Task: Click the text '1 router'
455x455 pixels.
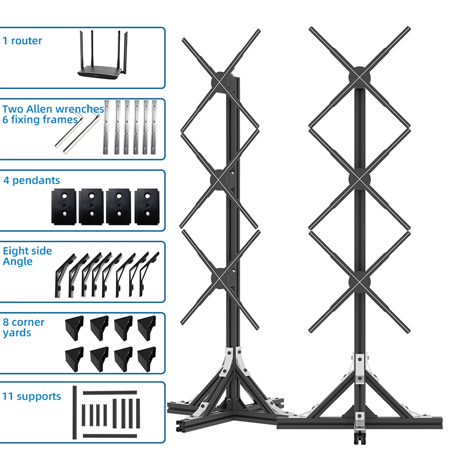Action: coord(22,41)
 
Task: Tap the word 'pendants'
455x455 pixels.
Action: coord(36,180)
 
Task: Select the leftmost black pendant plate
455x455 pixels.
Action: coord(64,206)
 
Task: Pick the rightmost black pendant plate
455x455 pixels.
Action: coord(147,206)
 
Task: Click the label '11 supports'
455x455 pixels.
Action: coord(32,396)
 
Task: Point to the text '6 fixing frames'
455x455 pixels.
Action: coord(40,120)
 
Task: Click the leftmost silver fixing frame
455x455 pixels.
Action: coord(106,127)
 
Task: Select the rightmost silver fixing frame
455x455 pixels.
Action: coord(154,127)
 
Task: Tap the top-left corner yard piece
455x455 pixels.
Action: coord(75,328)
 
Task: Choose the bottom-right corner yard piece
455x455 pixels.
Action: coord(147,359)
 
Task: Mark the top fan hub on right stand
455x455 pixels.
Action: coord(359,77)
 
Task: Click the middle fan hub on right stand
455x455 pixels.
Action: coord(359,179)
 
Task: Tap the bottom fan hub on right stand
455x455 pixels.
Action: coord(359,282)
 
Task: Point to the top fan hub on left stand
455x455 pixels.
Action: coord(221,82)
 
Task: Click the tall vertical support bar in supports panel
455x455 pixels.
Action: coord(75,412)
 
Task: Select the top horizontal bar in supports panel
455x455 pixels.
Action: coord(110,393)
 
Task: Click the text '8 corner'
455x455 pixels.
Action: coord(23,322)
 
